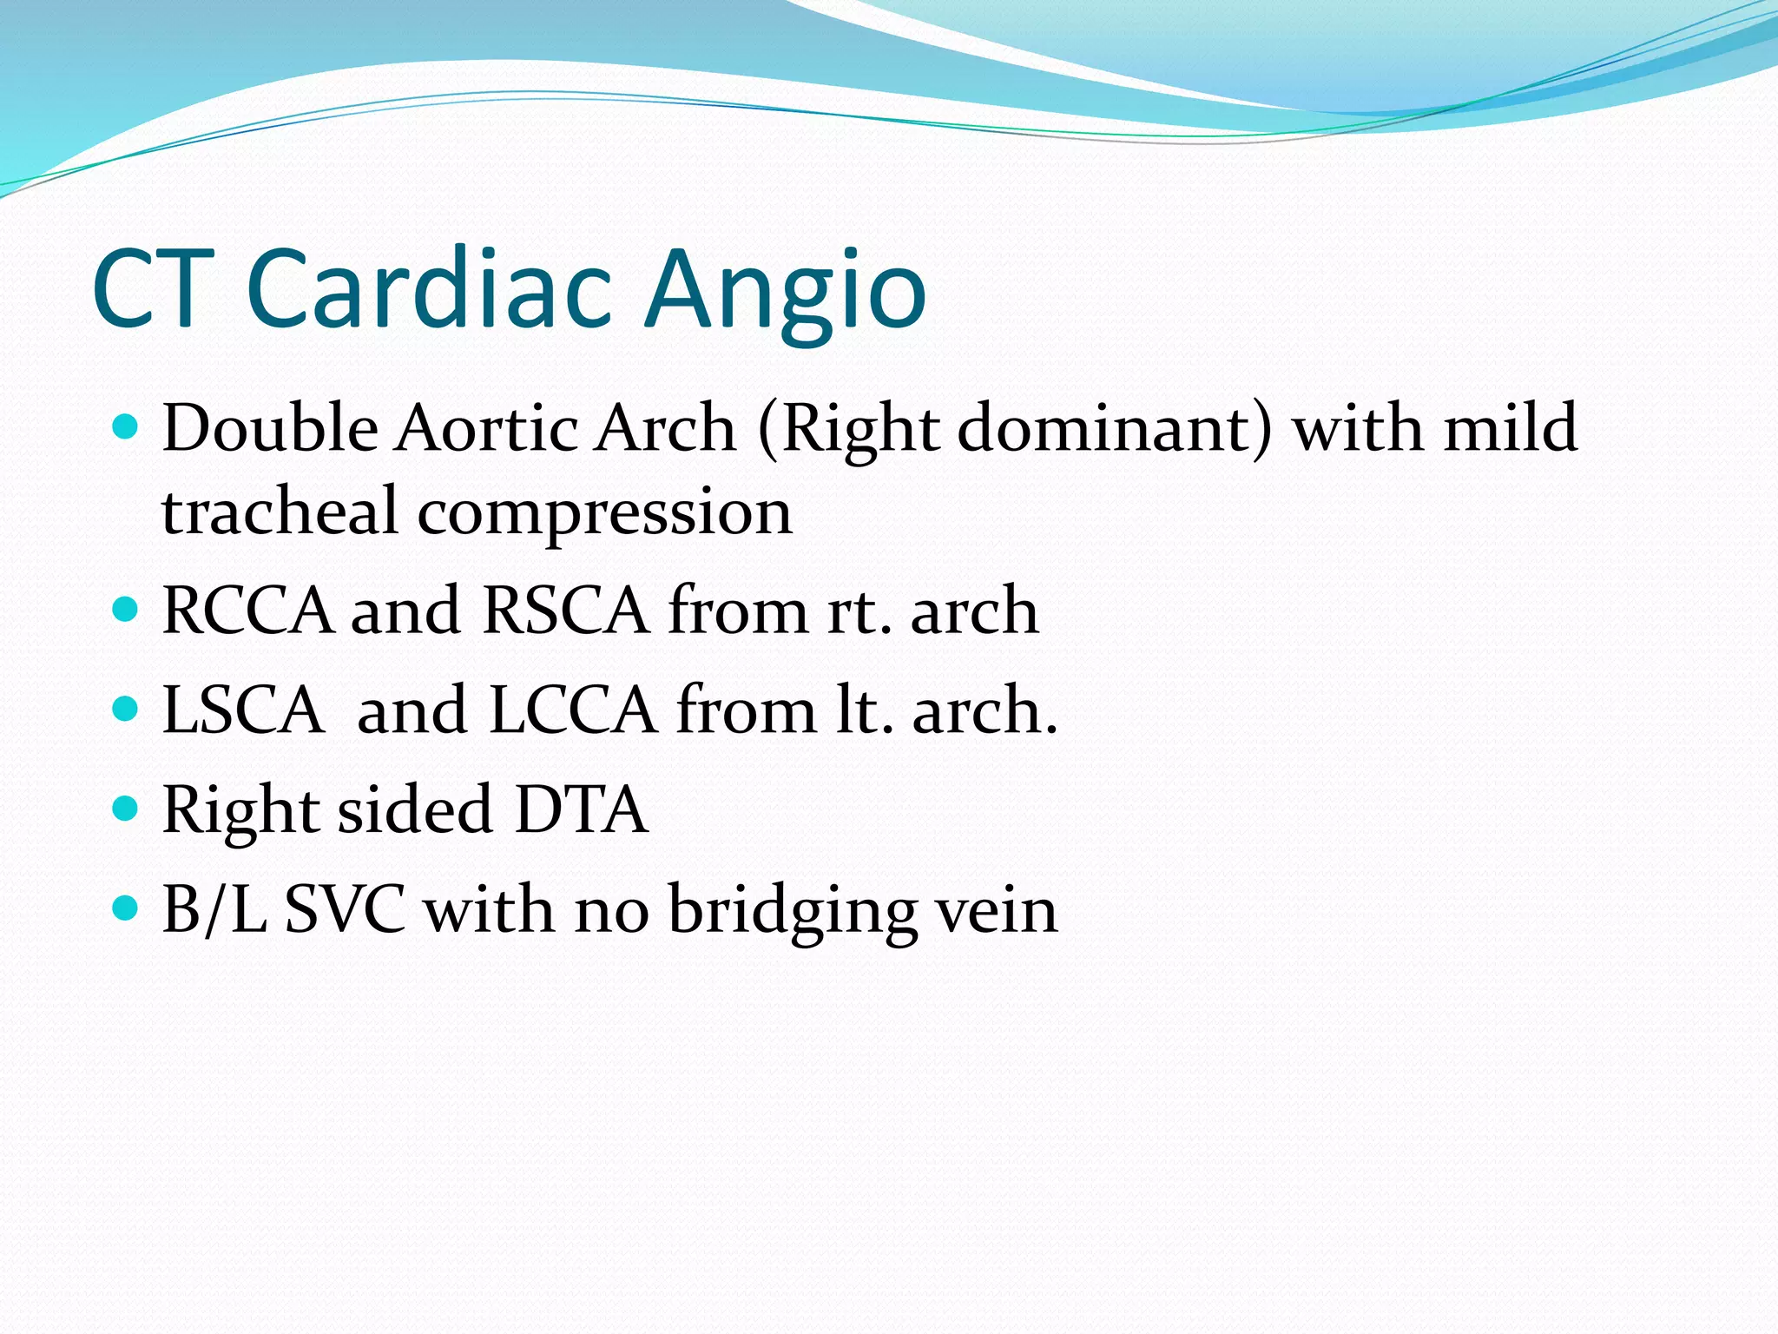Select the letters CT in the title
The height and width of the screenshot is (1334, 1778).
tap(154, 288)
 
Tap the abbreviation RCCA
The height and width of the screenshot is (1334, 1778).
tap(247, 610)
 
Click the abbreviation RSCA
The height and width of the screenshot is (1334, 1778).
tap(565, 610)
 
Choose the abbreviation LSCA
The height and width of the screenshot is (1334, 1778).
tap(243, 710)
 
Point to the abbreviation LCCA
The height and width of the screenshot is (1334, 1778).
tap(573, 710)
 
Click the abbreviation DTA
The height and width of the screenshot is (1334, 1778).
tap(581, 809)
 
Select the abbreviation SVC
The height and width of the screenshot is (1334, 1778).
tap(345, 909)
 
